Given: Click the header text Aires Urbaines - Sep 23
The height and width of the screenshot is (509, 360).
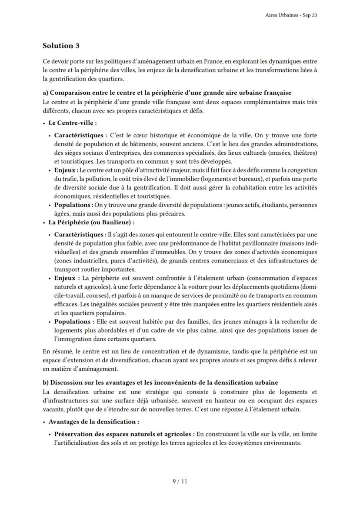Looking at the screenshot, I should click(x=291, y=15).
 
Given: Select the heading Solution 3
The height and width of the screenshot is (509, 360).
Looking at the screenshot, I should click(x=61, y=46).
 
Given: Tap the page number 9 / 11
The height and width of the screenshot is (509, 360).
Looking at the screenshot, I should click(x=180, y=481).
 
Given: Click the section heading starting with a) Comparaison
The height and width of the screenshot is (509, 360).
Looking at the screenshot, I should click(x=167, y=93).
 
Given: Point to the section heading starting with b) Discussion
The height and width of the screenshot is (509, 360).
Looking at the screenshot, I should click(x=160, y=383).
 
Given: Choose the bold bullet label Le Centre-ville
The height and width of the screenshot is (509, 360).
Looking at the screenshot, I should click(x=72, y=123).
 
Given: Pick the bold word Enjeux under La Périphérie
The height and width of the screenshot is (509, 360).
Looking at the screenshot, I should click(x=66, y=278).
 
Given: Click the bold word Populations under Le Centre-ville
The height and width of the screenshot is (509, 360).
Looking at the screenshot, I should click(x=73, y=205).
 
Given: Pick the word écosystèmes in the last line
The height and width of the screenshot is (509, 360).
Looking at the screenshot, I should click(x=239, y=443).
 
